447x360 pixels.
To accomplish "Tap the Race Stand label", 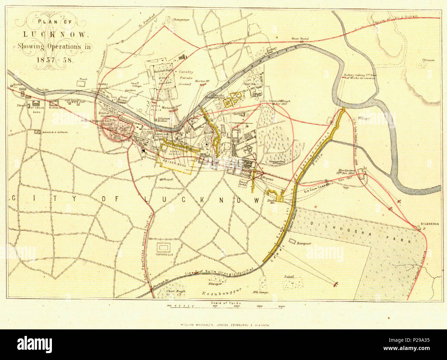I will [300, 39].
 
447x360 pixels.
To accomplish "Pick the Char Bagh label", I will [176, 291].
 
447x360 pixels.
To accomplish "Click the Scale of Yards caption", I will [223, 303].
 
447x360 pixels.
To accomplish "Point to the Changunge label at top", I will [181, 20].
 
